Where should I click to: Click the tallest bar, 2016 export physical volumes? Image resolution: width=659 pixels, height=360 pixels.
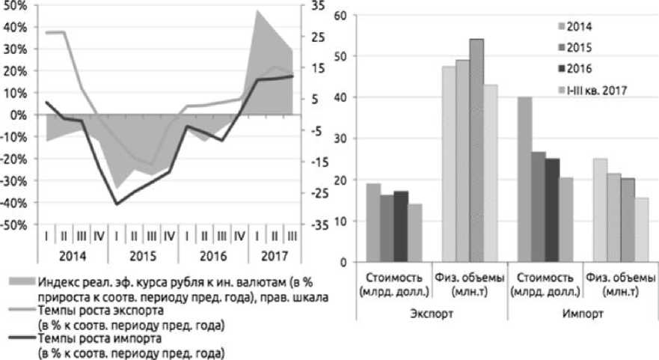coord(476,150)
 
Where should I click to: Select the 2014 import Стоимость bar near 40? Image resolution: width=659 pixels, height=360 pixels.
coord(524,180)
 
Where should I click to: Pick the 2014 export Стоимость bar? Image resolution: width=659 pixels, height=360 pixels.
coord(373,222)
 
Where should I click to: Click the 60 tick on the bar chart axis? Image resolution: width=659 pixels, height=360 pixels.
coord(339,15)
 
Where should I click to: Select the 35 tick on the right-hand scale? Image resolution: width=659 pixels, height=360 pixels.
coord(312,6)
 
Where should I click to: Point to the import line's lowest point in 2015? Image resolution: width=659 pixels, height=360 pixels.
coord(117,204)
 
